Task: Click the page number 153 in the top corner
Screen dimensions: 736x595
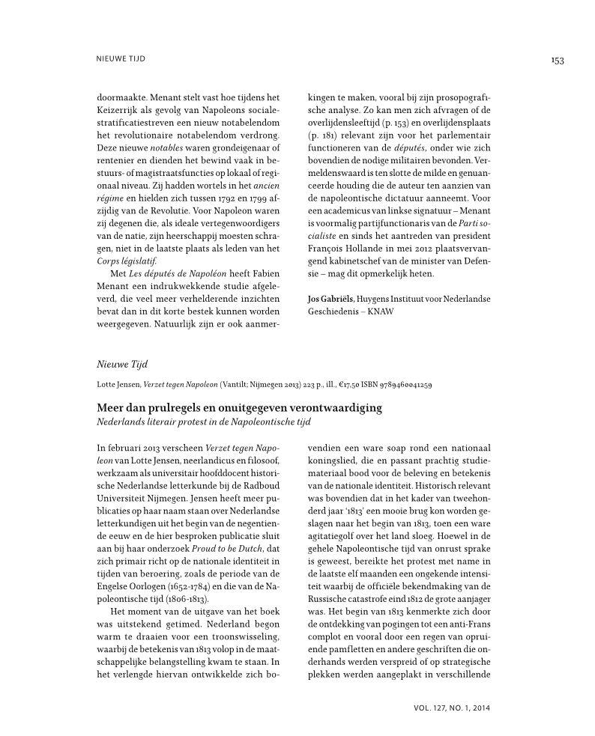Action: point(556,61)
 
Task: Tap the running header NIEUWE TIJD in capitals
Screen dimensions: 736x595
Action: point(121,58)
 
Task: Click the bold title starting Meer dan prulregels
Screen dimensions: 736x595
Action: point(240,408)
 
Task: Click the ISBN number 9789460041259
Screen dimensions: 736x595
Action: point(402,385)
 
